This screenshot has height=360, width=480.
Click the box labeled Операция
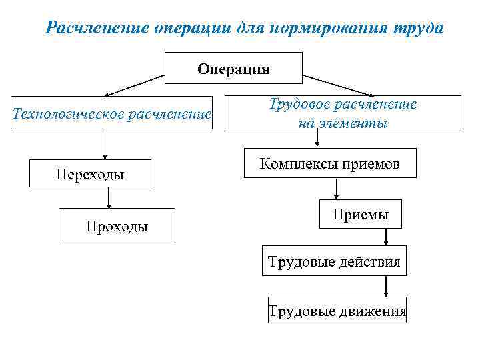233,68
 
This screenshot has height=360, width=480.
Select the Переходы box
89,175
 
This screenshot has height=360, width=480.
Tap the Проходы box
117,226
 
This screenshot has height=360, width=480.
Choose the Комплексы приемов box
330,163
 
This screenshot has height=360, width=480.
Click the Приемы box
361,214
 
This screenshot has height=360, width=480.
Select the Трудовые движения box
337,311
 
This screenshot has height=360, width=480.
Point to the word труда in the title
414,29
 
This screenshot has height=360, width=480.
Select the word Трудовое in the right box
300,104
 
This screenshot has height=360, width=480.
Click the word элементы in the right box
353,123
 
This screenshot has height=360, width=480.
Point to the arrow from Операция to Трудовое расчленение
337,85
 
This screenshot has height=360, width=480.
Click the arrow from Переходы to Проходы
108,198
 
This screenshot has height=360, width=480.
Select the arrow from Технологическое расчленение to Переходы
105,145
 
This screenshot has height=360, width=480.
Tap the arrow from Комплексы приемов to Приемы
337,189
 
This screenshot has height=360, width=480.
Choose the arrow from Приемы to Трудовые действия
386,237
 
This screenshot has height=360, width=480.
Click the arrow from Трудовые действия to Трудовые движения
386,286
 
